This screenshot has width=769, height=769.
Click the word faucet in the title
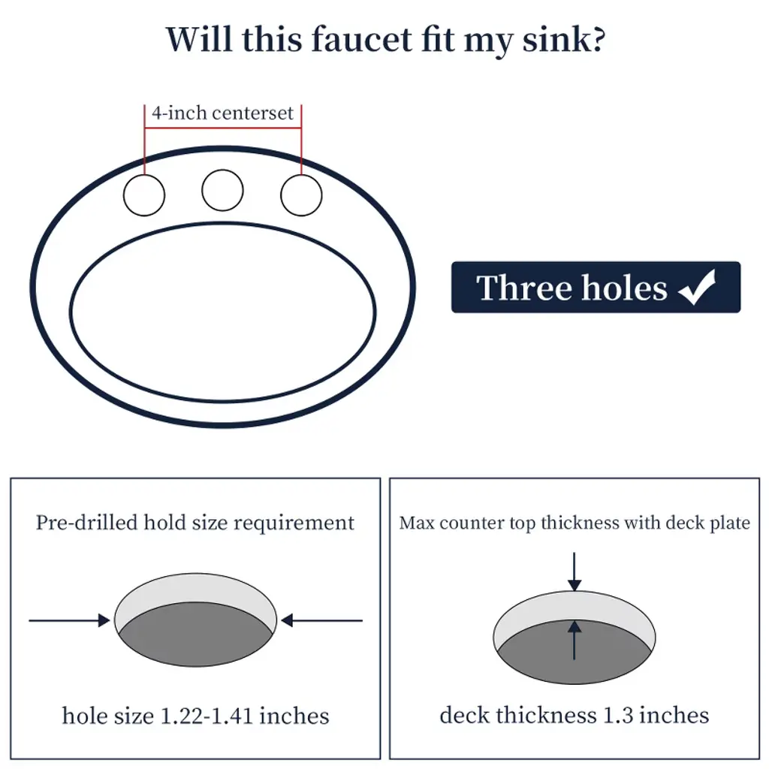(x=362, y=39)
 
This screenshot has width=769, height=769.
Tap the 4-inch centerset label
(x=222, y=113)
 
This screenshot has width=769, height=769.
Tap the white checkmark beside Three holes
(x=698, y=288)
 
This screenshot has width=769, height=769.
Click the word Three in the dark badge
(x=523, y=288)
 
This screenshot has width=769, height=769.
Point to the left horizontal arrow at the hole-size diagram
(x=69, y=620)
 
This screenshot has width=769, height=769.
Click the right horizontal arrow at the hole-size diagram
(x=321, y=620)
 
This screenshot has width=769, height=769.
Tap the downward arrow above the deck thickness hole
(x=574, y=571)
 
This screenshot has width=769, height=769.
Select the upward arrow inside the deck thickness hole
(x=574, y=640)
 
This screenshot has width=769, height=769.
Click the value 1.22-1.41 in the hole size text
(x=207, y=716)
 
